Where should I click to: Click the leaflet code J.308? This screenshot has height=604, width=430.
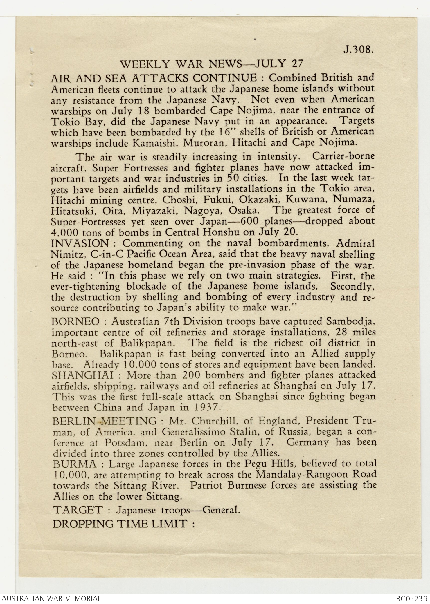pyautogui.click(x=358, y=50)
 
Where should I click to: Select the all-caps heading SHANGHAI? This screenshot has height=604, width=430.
pyautogui.click(x=82, y=375)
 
